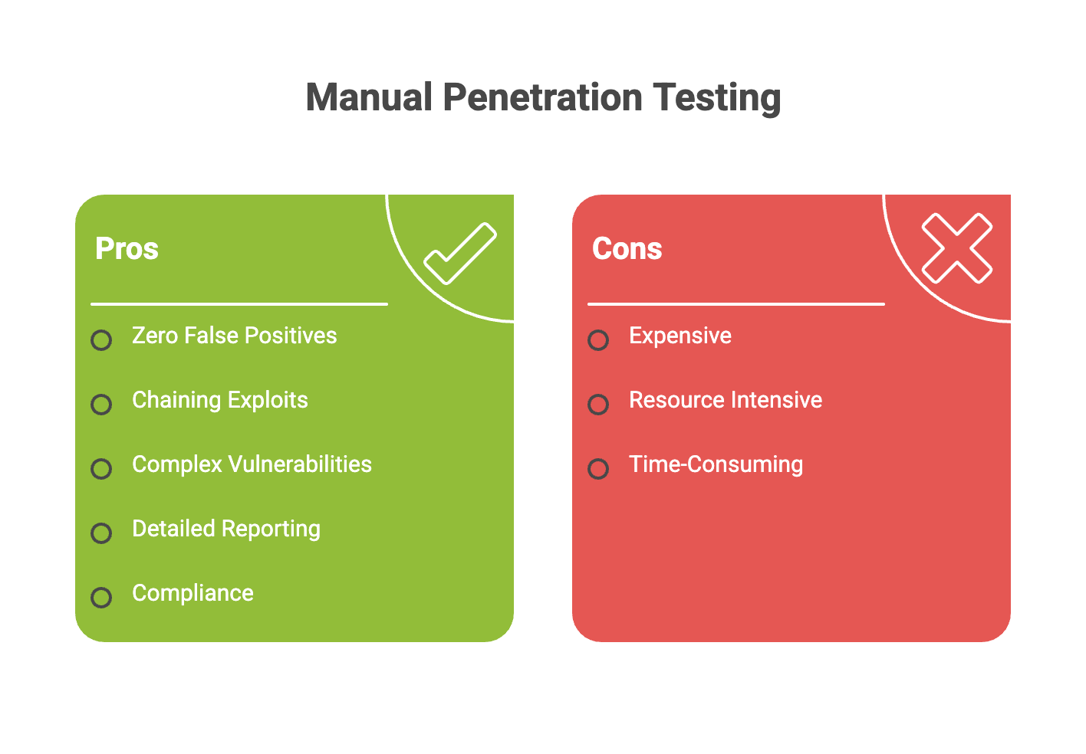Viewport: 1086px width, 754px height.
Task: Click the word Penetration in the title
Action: pyautogui.click(x=542, y=97)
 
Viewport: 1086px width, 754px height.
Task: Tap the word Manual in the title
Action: pyautogui.click(x=369, y=97)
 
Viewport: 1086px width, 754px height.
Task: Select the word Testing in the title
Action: pyautogui.click(x=716, y=98)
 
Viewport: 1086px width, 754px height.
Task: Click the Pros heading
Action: pyautogui.click(x=127, y=249)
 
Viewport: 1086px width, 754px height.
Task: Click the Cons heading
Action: pyautogui.click(x=627, y=249)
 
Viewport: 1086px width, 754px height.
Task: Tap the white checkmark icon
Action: pyautogui.click(x=460, y=253)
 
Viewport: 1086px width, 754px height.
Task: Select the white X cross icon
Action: pyautogui.click(x=956, y=248)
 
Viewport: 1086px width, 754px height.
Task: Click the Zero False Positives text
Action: pyautogui.click(x=234, y=336)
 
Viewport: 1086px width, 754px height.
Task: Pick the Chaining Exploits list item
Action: pyautogui.click(x=219, y=400)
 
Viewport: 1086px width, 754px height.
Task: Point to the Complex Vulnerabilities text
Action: pyautogui.click(x=252, y=464)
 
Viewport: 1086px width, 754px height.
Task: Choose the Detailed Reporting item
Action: pyautogui.click(x=226, y=529)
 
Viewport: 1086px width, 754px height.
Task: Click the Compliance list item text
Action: pyautogui.click(x=193, y=593)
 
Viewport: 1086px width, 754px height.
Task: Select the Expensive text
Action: pyautogui.click(x=680, y=336)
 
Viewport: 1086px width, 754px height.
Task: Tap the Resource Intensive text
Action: pyautogui.click(x=725, y=400)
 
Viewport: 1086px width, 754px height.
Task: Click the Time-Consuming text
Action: pyautogui.click(x=716, y=464)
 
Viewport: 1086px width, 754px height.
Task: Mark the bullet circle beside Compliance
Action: pyautogui.click(x=101, y=597)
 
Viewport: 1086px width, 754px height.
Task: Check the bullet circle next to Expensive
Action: pyautogui.click(x=598, y=339)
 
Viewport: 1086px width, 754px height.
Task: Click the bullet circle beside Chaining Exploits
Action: pyautogui.click(x=101, y=404)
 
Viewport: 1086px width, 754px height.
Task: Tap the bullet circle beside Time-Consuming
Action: pyautogui.click(x=598, y=468)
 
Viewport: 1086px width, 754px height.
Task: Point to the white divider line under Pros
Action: pyautogui.click(x=239, y=304)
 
